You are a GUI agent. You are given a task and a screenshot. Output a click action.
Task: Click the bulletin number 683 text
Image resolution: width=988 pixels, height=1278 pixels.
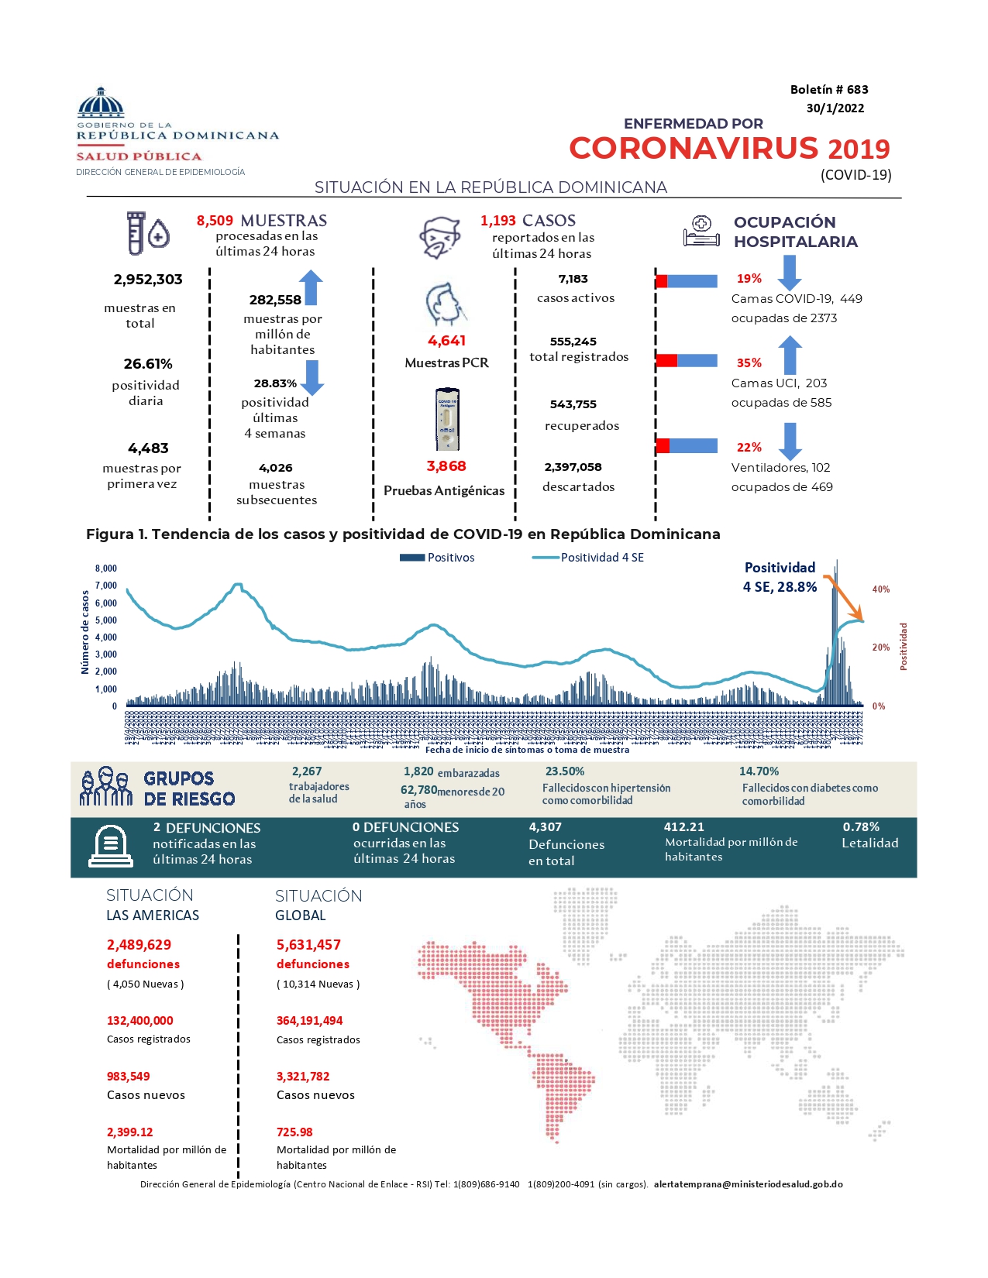point(828,90)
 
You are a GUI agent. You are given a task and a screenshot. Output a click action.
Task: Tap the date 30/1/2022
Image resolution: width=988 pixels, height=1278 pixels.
point(835,108)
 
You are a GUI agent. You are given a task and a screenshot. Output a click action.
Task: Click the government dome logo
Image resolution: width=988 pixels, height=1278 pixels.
point(101,102)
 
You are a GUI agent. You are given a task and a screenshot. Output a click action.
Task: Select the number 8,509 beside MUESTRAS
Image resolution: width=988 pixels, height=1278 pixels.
point(215,221)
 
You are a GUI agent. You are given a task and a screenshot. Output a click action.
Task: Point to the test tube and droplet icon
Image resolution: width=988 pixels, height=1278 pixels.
point(147,232)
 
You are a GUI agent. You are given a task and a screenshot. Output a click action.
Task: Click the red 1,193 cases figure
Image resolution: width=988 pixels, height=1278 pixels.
point(497,221)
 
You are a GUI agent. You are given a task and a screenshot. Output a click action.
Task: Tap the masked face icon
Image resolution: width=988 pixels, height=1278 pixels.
point(440,237)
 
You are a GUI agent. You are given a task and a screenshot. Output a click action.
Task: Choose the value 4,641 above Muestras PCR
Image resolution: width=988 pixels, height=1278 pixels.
point(446,341)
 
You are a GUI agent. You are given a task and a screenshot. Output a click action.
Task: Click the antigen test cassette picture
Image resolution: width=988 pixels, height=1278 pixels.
point(446,419)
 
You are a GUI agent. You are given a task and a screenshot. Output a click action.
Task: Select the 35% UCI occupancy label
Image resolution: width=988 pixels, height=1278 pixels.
point(749,362)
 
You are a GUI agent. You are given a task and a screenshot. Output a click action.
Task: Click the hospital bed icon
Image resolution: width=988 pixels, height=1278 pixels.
point(701,231)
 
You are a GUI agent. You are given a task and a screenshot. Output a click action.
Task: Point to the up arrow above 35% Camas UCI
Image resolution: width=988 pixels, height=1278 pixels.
point(789,355)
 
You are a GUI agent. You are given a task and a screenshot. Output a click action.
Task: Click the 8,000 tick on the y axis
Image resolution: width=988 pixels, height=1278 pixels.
point(106,569)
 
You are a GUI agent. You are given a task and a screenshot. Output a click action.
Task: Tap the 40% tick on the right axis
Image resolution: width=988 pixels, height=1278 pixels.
point(880,589)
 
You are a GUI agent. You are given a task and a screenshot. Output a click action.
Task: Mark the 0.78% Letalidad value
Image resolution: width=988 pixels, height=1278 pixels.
point(861,827)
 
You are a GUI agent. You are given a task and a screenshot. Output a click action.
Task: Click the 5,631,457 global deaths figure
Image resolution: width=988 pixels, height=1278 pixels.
point(308,945)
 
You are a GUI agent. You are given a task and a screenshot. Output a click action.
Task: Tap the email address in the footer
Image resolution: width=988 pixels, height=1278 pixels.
point(748,1184)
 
